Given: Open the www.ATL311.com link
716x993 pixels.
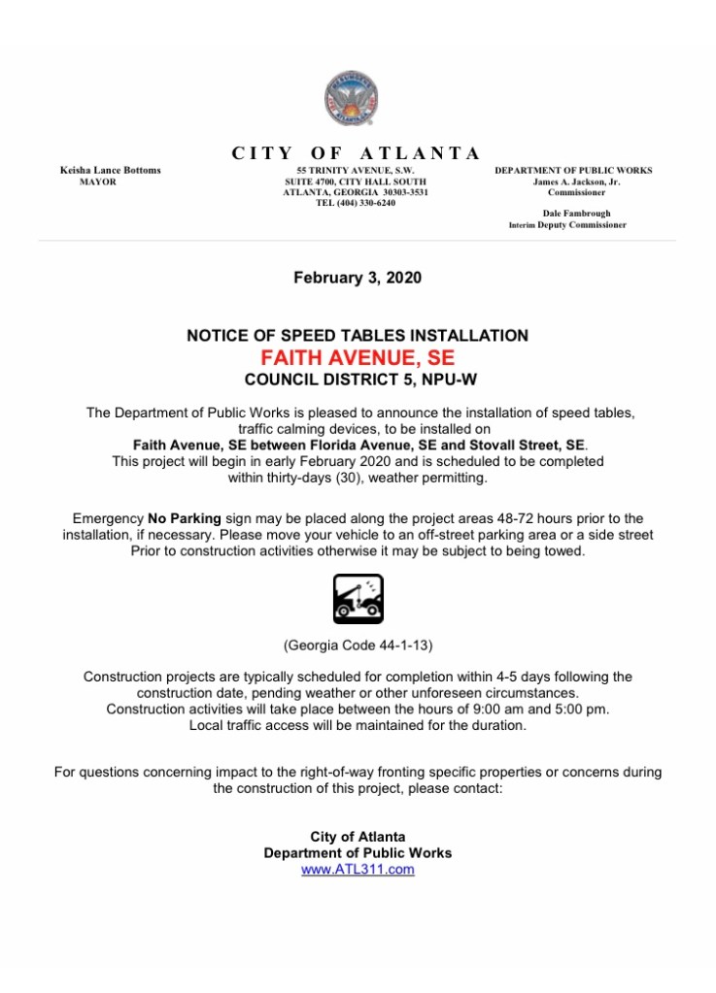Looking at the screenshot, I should (x=358, y=870).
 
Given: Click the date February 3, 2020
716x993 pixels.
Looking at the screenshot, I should (x=358, y=278).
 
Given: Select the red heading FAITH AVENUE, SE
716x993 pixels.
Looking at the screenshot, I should (x=358, y=356).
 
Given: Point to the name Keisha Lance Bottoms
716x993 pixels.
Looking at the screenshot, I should (x=111, y=171).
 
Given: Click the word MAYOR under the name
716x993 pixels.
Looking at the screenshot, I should (x=97, y=182).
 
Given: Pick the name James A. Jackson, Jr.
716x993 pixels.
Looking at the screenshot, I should (x=576, y=182).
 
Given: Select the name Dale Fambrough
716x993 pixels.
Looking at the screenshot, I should (x=576, y=214).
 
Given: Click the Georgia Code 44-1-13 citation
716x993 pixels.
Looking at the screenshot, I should (x=358, y=645).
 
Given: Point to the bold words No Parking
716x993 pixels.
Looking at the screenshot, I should (x=185, y=519).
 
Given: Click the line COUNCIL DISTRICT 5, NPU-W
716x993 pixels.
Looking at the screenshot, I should (x=358, y=378).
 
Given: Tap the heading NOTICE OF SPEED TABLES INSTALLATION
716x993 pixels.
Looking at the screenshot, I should (x=358, y=336).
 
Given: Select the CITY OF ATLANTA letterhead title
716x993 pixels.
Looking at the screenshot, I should (x=356, y=152).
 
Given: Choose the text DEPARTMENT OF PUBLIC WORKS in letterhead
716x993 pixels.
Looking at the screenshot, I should (x=573, y=171).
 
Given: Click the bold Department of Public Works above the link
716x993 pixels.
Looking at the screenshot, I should (x=358, y=853).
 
